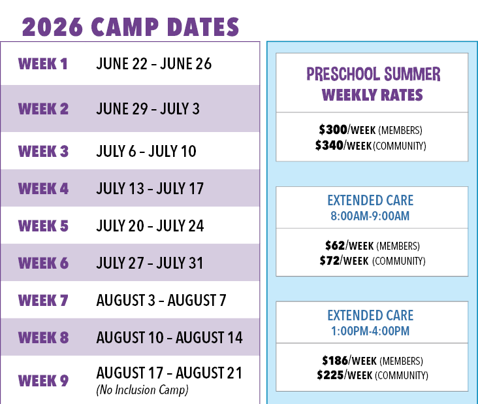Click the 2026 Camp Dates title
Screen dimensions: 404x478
click(x=131, y=27)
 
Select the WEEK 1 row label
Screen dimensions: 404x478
click(x=43, y=64)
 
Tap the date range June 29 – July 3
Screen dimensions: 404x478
click(x=148, y=109)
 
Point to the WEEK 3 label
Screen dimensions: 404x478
click(x=43, y=152)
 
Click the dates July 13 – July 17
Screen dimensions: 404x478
click(x=150, y=189)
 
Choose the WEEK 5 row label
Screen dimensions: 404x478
click(x=43, y=226)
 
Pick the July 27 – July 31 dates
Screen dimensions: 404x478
click(x=150, y=263)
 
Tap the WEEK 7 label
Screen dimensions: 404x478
click(x=43, y=301)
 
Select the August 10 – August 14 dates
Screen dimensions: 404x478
click(x=169, y=338)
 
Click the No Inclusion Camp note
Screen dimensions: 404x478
click(x=142, y=390)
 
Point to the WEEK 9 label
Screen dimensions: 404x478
click(x=43, y=380)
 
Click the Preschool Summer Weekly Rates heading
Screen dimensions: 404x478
click(x=372, y=84)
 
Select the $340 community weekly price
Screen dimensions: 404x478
click(x=329, y=145)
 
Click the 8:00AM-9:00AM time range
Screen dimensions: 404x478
click(x=370, y=216)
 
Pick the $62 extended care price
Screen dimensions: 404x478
click(x=335, y=246)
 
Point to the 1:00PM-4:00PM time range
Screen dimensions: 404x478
click(x=370, y=331)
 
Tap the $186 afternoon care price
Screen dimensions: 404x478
click(x=334, y=360)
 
